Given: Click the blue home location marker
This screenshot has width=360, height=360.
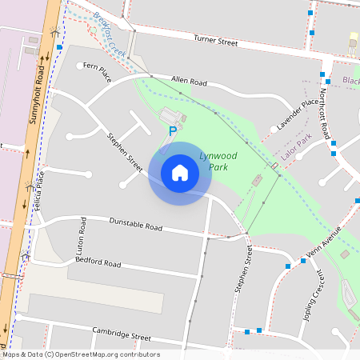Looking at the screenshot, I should (180, 173).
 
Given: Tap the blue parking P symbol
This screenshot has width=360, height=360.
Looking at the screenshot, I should (172, 130).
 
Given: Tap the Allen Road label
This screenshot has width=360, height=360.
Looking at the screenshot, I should (189, 82).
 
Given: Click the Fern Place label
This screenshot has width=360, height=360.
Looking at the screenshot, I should (95, 73).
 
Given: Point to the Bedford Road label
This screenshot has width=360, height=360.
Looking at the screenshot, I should (98, 263).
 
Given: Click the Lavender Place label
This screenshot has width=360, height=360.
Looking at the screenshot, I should (298, 116).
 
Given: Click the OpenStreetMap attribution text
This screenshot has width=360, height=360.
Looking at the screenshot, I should (80, 354).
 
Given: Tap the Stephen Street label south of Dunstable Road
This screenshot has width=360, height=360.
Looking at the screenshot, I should (242, 268).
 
